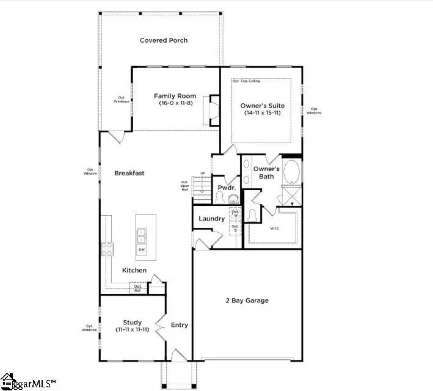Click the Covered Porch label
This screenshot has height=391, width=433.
pyautogui.click(x=164, y=40)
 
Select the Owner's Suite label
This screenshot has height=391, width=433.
pyautogui.click(x=262, y=106)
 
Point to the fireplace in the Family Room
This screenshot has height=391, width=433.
pyautogui.click(x=213, y=110)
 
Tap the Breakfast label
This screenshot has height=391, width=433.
pyautogui.click(x=129, y=173)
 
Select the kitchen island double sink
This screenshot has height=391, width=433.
pyautogui.click(x=142, y=232)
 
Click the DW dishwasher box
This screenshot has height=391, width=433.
pyautogui.click(x=142, y=249)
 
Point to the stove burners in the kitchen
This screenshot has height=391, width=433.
pyautogui.click(x=107, y=249)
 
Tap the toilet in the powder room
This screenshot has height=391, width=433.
pyautogui.click(x=232, y=199)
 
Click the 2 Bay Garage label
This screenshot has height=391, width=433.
pyautogui.click(x=247, y=300)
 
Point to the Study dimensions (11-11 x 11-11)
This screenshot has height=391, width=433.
pyautogui.click(x=133, y=329)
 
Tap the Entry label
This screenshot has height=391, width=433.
pyautogui.click(x=179, y=325)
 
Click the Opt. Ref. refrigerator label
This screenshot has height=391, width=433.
pyautogui.click(x=138, y=288)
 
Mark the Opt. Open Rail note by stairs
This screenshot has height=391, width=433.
pyautogui.click(x=184, y=186)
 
